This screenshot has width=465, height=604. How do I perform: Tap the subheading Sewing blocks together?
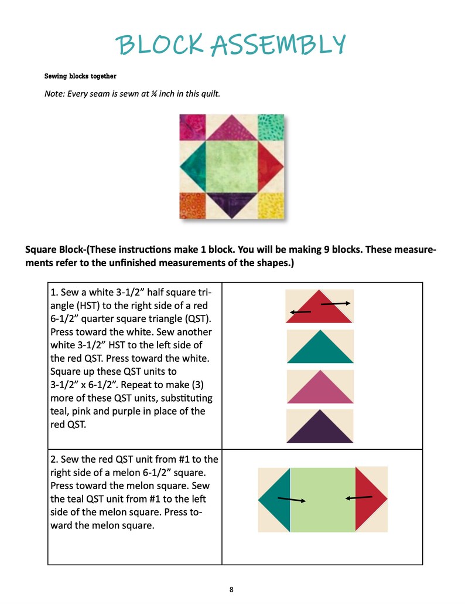click(80, 76)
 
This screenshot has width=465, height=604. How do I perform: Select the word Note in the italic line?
click(54, 93)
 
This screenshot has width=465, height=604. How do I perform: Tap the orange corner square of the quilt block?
click(192, 205)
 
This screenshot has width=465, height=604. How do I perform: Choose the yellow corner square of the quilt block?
click(271, 205)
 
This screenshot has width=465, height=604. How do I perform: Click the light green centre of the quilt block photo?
click(231, 167)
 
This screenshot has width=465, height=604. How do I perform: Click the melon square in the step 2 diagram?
click(323, 500)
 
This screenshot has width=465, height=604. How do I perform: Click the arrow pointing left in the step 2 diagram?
click(358, 498)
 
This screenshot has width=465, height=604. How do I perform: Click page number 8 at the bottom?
click(232, 589)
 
